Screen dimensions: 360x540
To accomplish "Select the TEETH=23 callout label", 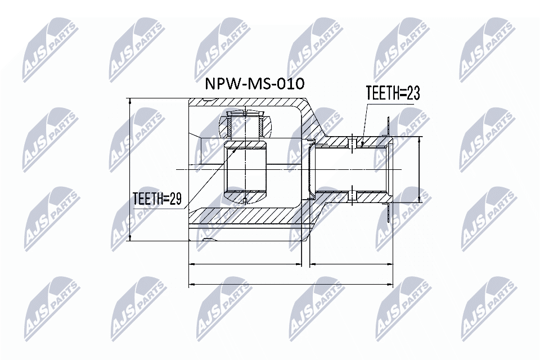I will coord(393,93).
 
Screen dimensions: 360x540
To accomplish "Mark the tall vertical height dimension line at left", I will coord(130,169).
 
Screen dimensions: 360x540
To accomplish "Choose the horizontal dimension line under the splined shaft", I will coord(351,263).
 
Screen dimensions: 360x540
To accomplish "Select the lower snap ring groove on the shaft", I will coord(352,195).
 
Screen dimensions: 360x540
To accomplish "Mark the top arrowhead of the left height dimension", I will coord(130,101).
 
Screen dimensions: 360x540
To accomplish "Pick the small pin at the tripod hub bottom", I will coord(245,201).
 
